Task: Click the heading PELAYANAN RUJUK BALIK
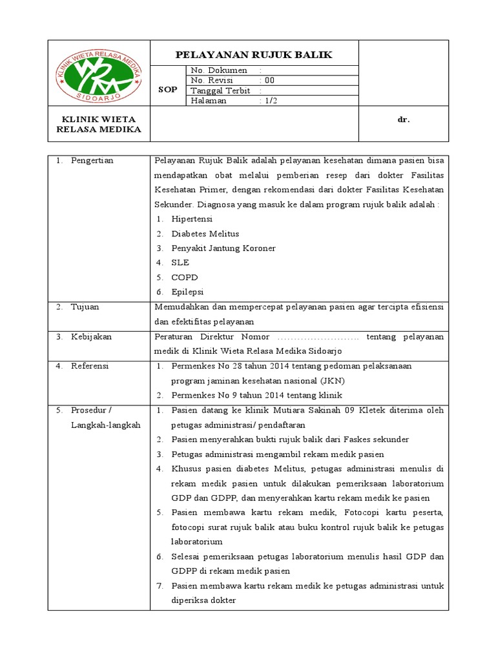click(254, 55)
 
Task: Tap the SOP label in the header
click(167, 90)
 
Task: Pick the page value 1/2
click(270, 101)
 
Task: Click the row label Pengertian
click(92, 161)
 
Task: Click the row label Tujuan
click(85, 307)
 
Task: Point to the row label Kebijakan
click(91, 336)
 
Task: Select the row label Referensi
click(90, 366)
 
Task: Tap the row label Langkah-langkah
click(105, 425)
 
